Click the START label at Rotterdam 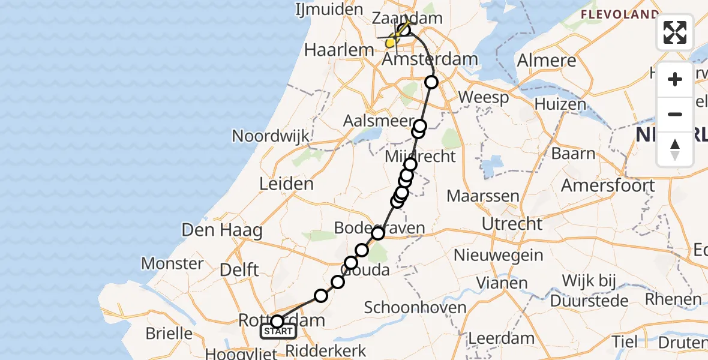(278, 331)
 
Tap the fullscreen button (675, 32)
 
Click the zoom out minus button (675, 115)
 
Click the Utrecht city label (512, 224)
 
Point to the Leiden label (286, 184)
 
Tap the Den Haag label (223, 230)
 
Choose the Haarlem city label (335, 50)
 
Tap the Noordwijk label (271, 136)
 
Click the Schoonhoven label (415, 308)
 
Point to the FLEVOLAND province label (619, 14)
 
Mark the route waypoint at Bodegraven (378, 233)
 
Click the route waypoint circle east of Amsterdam (431, 82)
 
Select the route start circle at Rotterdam (277, 321)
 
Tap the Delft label (239, 269)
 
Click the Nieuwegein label (498, 255)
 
